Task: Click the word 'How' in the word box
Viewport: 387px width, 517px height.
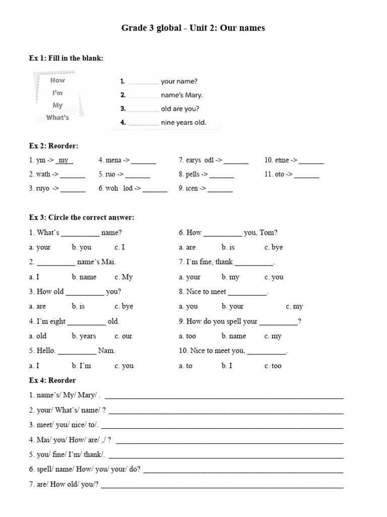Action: click(x=57, y=80)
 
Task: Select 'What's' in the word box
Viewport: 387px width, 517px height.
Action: click(x=57, y=118)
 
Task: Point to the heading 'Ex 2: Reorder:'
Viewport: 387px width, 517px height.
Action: click(x=53, y=146)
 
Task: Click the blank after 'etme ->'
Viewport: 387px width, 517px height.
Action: click(x=311, y=161)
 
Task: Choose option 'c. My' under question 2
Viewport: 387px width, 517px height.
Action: click(x=123, y=277)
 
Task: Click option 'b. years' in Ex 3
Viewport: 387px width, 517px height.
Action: click(x=84, y=336)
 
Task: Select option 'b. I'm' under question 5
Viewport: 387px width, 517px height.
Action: click(x=81, y=366)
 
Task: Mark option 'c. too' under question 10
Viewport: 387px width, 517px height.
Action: click(x=273, y=366)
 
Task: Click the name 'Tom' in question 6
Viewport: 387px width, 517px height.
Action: click(x=268, y=233)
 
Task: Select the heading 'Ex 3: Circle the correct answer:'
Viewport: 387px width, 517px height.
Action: click(x=81, y=218)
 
